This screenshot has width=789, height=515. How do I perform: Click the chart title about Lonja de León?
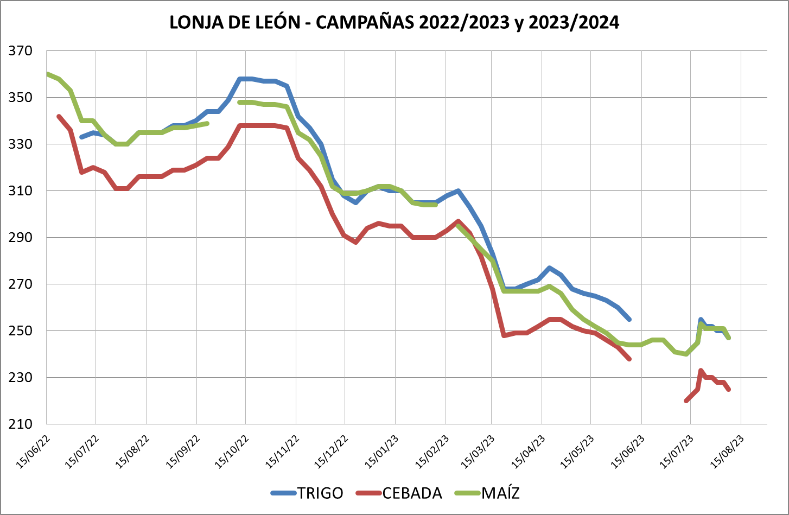point(394,22)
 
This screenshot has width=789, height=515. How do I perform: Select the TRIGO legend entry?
point(320,493)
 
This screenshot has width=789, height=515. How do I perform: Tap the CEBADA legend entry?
point(412,493)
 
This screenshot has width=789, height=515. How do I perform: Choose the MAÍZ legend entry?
point(500,493)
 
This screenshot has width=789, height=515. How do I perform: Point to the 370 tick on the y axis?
point(21,51)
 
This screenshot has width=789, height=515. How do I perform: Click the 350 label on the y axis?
point(21,98)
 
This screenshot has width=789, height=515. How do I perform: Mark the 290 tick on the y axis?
point(21,238)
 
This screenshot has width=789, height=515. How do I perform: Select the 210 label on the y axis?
point(21,424)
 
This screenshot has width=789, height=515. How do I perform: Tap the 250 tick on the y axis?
point(21,330)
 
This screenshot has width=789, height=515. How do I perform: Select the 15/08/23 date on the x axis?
point(728,450)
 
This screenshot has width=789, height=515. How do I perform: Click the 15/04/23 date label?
point(529,450)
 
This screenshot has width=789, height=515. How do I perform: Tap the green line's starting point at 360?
point(48,74)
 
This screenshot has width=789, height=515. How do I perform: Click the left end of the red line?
point(59,116)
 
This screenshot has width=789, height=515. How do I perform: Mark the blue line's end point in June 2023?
point(629,319)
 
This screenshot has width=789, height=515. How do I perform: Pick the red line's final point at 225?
point(728,389)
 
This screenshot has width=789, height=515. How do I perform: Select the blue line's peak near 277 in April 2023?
point(550,268)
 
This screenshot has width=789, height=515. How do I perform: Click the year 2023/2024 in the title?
point(574,22)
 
